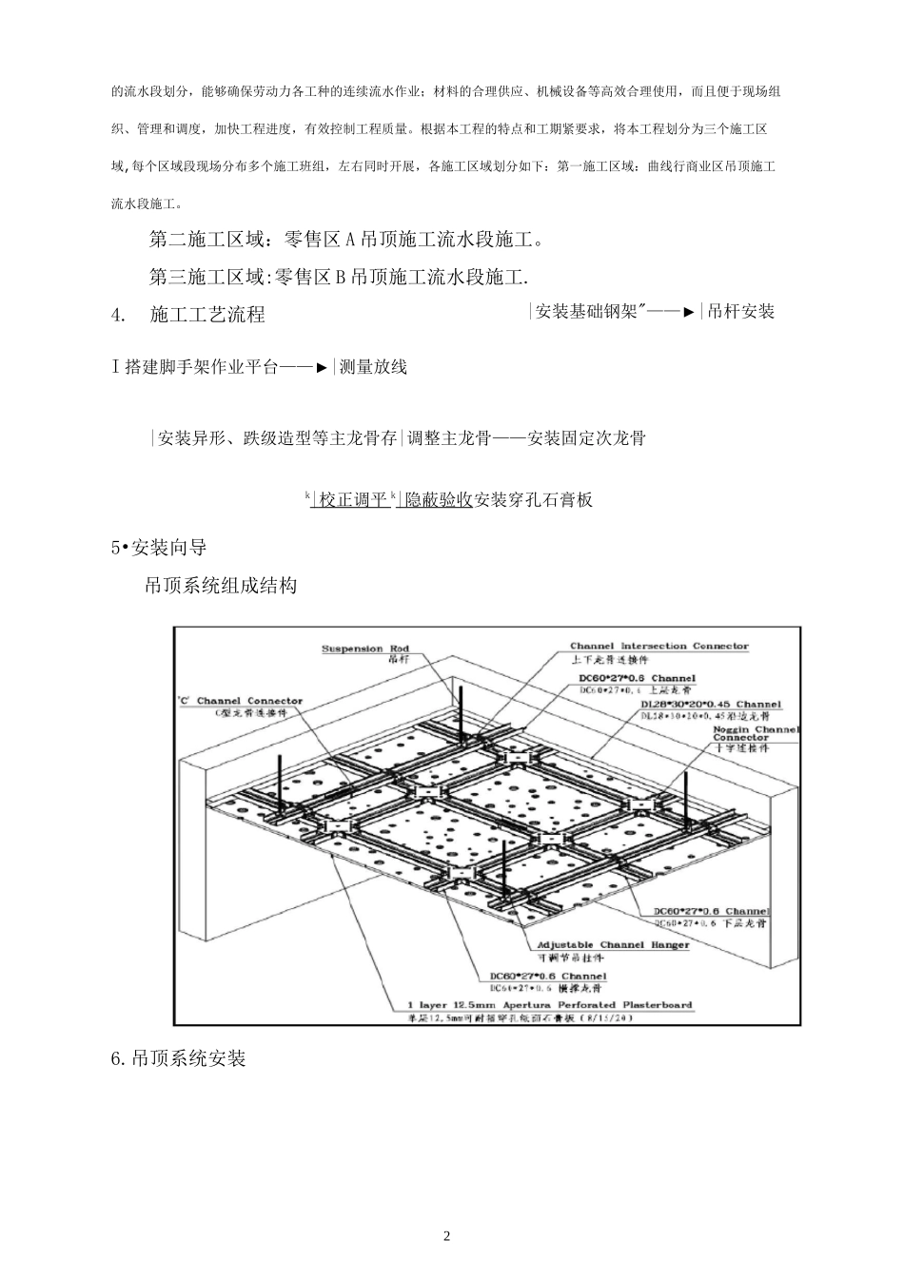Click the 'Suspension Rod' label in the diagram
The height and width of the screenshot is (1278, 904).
(x=365, y=649)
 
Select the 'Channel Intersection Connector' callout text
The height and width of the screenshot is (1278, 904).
(x=658, y=647)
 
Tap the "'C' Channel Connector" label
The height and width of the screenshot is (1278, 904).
(x=241, y=702)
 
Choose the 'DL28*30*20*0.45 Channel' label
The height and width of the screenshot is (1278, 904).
(x=710, y=705)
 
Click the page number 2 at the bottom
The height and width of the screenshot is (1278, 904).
(x=447, y=1236)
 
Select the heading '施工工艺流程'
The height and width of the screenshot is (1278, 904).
(x=207, y=315)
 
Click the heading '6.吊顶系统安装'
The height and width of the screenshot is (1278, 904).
(x=179, y=1058)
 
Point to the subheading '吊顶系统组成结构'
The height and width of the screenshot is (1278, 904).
(x=221, y=585)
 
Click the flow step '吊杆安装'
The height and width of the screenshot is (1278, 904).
(x=740, y=311)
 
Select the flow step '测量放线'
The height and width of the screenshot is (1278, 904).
(x=373, y=367)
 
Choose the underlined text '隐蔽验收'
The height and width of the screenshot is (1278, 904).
(x=439, y=499)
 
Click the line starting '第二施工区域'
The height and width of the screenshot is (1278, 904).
(x=346, y=240)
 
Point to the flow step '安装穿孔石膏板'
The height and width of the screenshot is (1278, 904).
(x=534, y=499)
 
